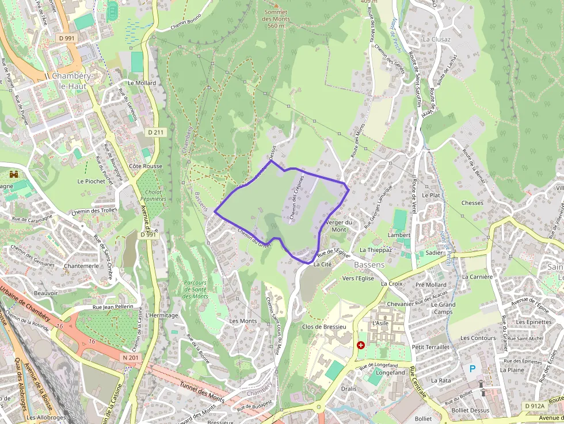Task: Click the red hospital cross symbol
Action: [361, 345]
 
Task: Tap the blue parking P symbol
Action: [473, 368]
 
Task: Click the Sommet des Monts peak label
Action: [276, 18]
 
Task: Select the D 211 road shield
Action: [155, 132]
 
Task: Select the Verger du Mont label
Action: [339, 226]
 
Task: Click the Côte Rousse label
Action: [146, 166]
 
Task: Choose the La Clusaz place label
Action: [436, 39]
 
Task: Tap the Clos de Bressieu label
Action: [323, 327]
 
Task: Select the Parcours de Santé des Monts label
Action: [196, 289]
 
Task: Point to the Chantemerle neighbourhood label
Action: [82, 266]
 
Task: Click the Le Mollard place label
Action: [142, 83]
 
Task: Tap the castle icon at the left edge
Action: [14, 173]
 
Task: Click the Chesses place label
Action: [472, 203]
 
